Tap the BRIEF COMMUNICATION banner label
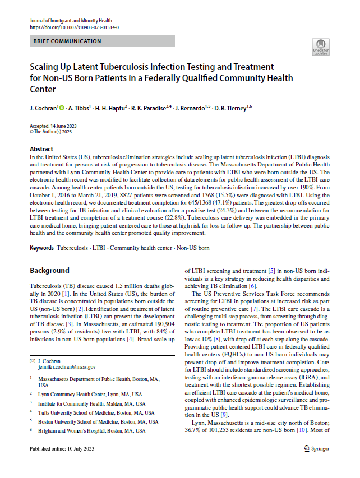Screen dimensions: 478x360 (67, 41)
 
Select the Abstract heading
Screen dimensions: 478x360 (41, 150)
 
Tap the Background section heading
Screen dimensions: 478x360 (49, 270)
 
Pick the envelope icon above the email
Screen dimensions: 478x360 (32, 360)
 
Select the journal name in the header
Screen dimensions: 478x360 (70, 20)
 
